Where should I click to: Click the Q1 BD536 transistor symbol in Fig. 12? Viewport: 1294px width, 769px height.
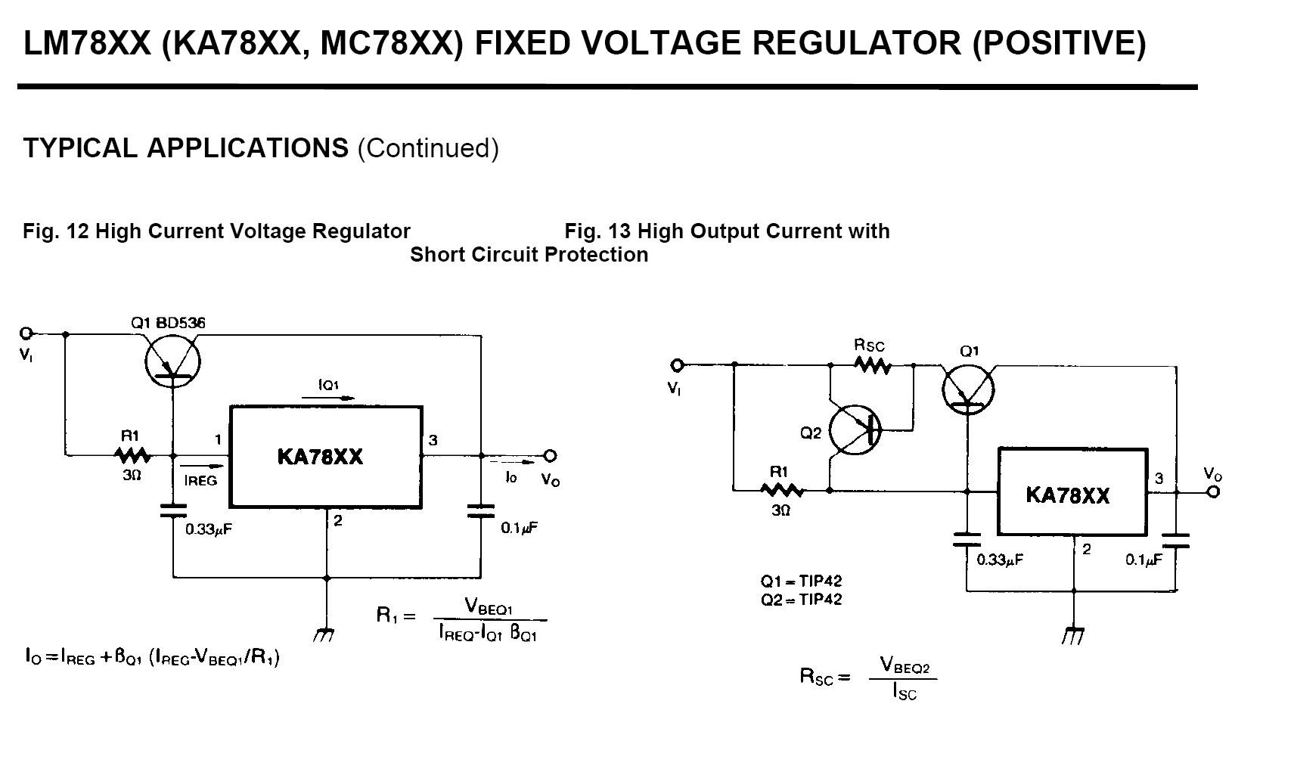tap(172, 362)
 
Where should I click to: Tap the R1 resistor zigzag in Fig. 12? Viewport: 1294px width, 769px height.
tap(133, 456)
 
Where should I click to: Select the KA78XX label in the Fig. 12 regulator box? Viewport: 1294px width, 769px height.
tap(320, 457)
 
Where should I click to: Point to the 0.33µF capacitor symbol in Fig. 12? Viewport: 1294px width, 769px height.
tap(173, 510)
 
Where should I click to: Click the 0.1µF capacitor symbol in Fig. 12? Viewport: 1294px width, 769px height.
tap(481, 510)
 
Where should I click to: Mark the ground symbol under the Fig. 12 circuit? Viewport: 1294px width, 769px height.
tap(324, 635)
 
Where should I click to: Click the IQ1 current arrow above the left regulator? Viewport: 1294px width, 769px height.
tap(328, 398)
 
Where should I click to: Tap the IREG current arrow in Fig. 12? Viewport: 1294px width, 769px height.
tap(202, 466)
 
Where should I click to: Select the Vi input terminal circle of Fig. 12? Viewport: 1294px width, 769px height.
tap(26, 333)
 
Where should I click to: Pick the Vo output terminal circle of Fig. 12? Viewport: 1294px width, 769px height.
tap(550, 456)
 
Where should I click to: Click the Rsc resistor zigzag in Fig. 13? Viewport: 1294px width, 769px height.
tap(872, 365)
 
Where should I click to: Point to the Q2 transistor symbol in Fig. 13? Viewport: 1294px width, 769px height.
tap(855, 429)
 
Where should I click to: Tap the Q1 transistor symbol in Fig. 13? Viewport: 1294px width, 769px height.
tap(968, 389)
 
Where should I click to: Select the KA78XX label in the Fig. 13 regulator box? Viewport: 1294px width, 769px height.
tap(1068, 496)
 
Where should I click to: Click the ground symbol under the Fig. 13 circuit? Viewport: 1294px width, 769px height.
tap(1072, 635)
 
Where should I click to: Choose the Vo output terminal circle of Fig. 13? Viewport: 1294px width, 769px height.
tap(1214, 492)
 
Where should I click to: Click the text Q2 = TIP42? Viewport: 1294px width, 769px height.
tap(801, 600)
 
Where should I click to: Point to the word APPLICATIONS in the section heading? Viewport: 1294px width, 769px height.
tap(248, 148)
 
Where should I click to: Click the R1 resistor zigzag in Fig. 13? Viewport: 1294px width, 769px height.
tap(781, 491)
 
